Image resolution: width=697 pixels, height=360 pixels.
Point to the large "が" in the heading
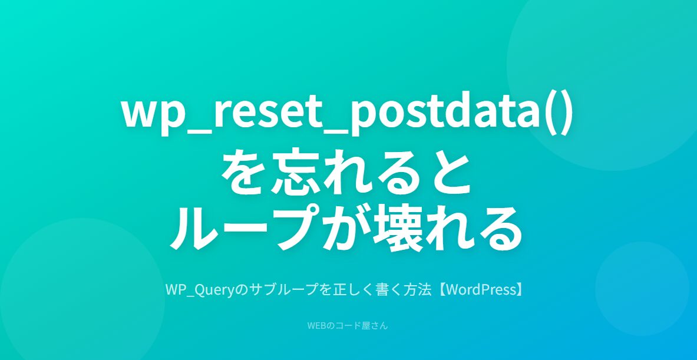(345, 227)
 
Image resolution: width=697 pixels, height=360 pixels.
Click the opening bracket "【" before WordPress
(440, 290)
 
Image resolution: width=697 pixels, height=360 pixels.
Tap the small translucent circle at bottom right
(642, 289)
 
